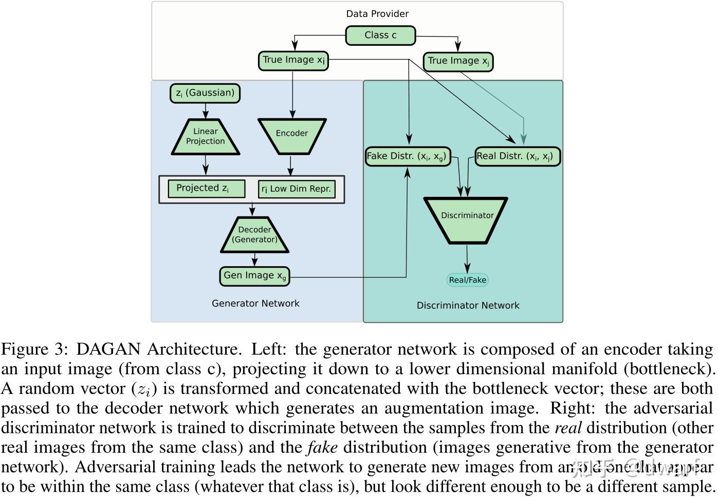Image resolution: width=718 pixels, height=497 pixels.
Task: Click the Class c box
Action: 380,35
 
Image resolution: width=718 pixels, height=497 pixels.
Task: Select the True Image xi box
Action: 293,60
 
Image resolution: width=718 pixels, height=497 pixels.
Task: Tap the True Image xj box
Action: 458,61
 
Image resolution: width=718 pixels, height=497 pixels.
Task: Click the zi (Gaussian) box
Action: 205,93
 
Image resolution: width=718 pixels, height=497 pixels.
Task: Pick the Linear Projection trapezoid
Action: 205,136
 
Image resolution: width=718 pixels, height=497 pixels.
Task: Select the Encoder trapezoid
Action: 291,135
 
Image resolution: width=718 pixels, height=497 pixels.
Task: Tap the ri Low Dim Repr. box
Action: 297,189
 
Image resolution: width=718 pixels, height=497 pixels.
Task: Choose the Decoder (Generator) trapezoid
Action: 254,235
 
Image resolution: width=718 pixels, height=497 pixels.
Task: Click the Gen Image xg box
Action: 254,276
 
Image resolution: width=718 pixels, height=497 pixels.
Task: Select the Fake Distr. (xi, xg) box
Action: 408,156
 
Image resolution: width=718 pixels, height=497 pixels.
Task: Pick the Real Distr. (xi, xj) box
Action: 517,156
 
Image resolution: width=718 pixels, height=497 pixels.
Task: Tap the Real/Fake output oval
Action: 467,280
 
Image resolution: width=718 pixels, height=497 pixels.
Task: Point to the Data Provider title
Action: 377,14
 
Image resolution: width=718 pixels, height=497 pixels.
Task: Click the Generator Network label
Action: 255,303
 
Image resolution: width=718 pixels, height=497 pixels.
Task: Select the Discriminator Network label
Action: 468,305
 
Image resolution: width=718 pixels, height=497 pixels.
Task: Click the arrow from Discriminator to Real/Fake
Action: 467,259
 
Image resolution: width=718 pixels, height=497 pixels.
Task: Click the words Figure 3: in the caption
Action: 34,349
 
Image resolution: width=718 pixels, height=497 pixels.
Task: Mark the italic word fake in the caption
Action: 322,448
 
